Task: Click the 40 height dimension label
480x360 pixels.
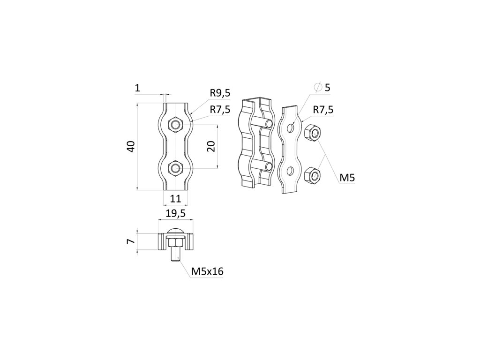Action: click(132, 146)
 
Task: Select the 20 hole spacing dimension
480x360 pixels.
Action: click(211, 146)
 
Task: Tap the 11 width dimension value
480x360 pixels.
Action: click(175, 198)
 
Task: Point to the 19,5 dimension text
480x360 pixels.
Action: click(176, 213)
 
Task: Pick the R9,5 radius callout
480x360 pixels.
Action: click(220, 93)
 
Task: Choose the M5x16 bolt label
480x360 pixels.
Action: click(207, 271)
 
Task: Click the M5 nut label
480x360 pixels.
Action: click(347, 177)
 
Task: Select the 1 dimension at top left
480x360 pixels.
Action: click(137, 87)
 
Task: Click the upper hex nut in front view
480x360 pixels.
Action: click(176, 124)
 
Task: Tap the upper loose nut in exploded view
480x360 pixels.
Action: click(312, 133)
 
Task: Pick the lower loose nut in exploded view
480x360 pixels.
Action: click(312, 176)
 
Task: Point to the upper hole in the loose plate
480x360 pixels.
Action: click(291, 127)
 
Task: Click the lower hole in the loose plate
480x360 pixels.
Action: click(291, 170)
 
